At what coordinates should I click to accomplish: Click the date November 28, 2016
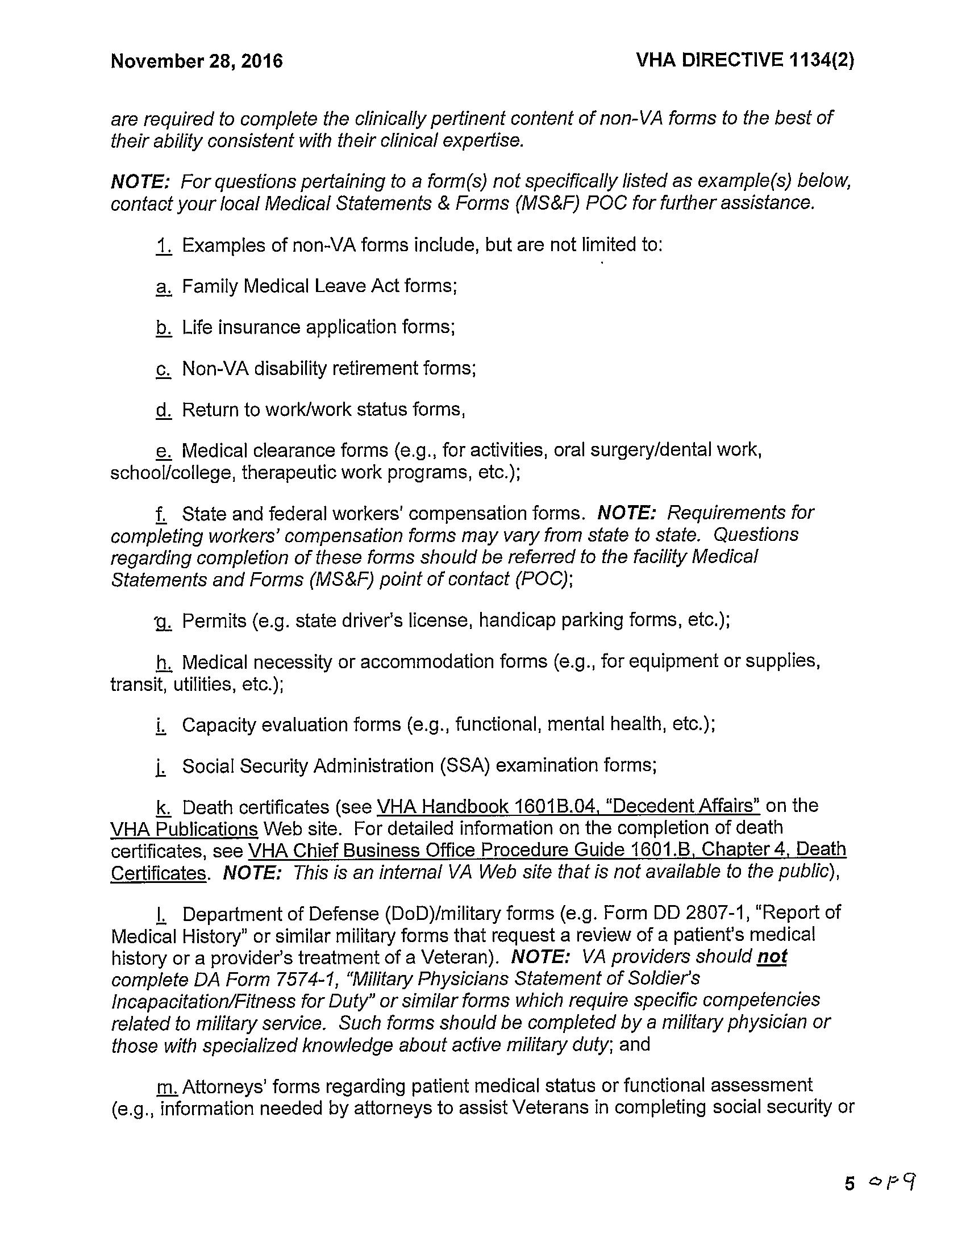click(196, 61)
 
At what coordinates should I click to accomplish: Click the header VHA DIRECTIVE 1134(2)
click(744, 60)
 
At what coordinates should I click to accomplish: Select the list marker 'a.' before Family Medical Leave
click(163, 286)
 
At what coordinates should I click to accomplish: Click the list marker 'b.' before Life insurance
click(163, 327)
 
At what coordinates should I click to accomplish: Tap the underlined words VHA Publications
click(184, 828)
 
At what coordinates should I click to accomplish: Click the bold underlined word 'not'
click(772, 956)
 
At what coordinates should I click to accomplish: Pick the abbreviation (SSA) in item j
click(465, 765)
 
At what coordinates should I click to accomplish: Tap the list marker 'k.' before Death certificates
click(163, 807)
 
